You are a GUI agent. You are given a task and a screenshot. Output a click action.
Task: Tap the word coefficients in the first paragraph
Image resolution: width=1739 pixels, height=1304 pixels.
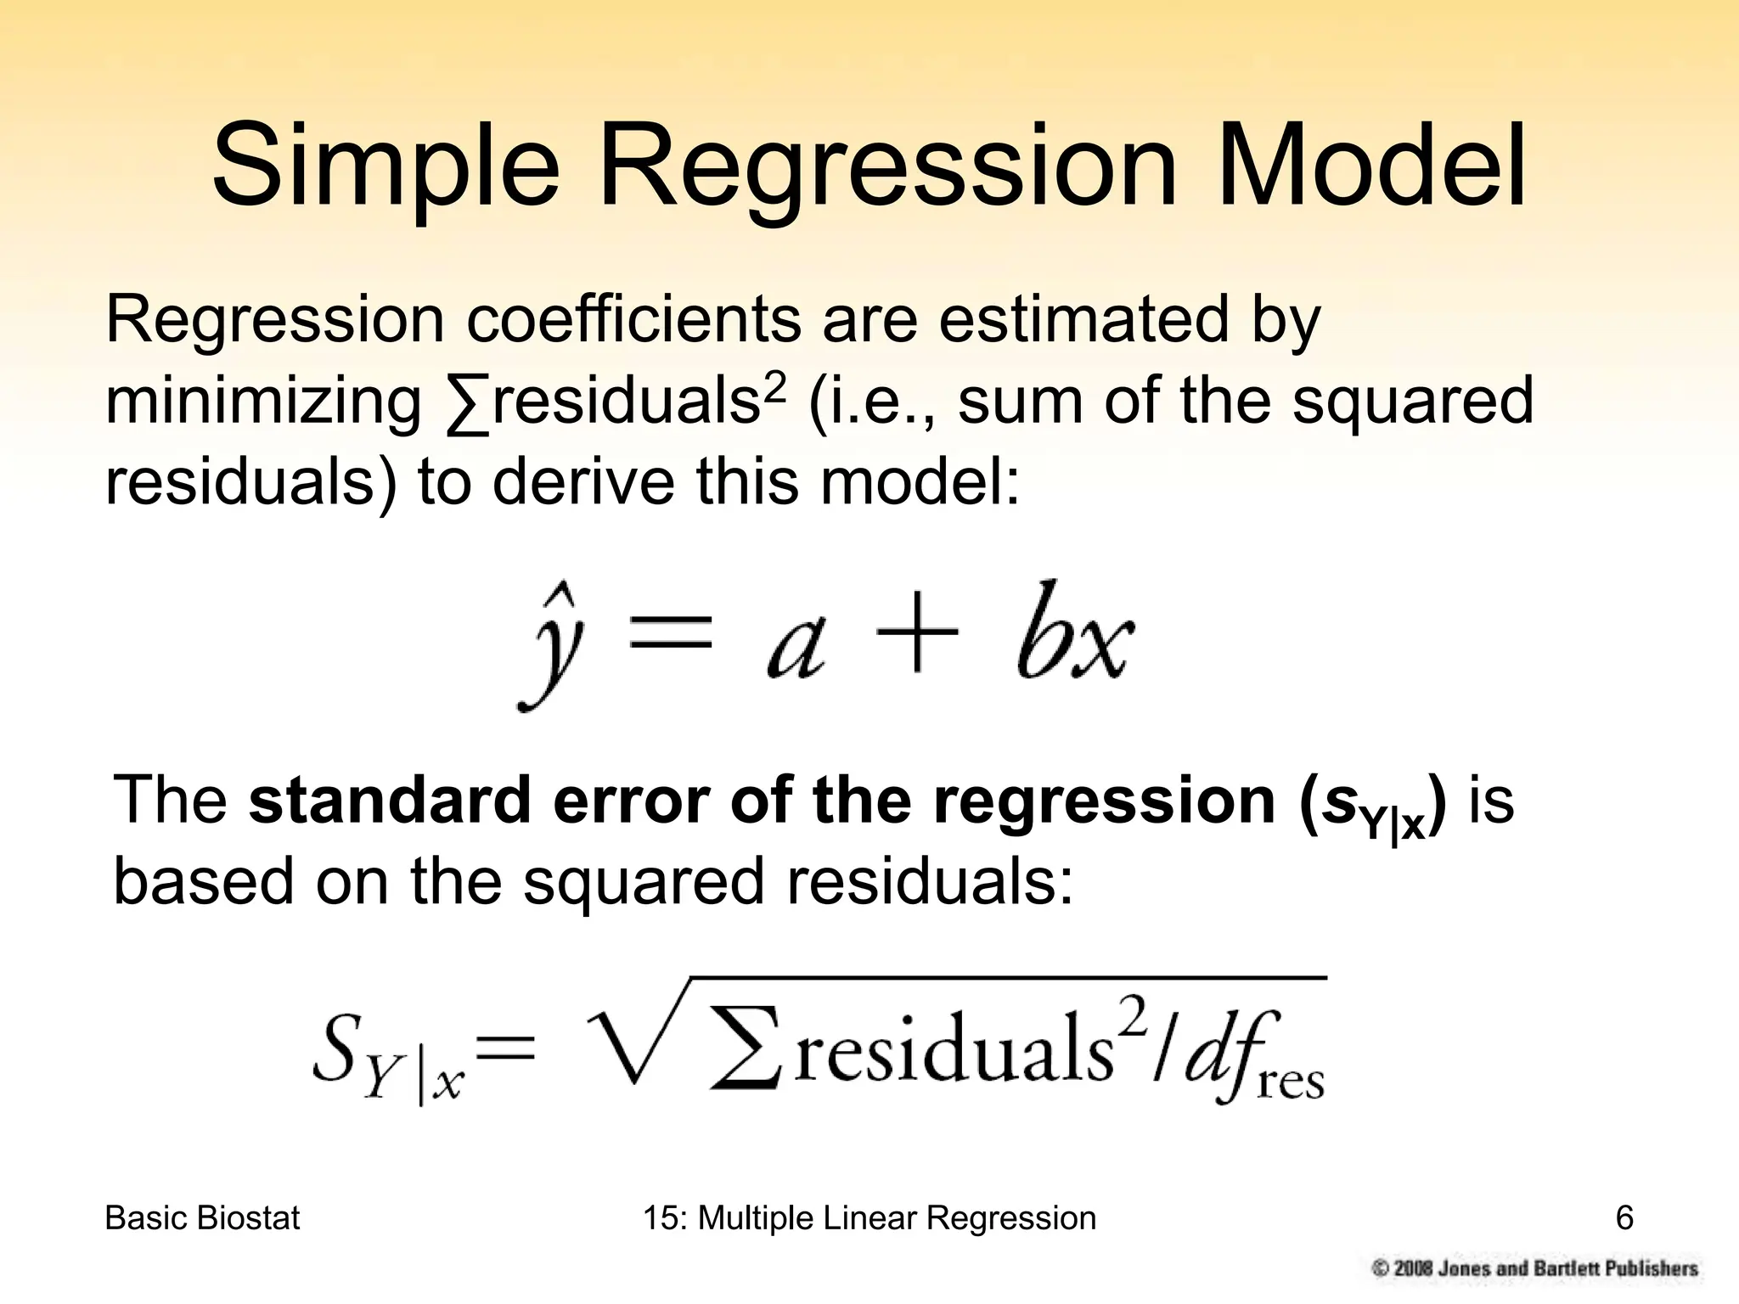point(633,320)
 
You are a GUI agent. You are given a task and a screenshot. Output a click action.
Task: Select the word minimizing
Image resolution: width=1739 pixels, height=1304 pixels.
point(262,402)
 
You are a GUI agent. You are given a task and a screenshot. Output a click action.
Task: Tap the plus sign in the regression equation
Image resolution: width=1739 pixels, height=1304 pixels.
point(917,632)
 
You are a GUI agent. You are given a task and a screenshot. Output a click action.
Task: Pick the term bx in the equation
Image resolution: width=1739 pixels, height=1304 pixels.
point(1074,632)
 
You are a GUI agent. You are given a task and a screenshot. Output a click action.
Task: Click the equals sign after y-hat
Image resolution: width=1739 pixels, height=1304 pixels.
point(669,633)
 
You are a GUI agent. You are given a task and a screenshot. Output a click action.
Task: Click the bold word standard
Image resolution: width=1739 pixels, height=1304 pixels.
point(390,800)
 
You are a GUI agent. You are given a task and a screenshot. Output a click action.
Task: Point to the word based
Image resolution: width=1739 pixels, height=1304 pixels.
point(204,881)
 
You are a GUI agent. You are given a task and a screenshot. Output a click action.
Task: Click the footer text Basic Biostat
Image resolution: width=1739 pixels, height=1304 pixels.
point(202,1218)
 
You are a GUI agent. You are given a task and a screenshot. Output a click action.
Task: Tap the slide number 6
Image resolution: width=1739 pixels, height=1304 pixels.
point(1624,1218)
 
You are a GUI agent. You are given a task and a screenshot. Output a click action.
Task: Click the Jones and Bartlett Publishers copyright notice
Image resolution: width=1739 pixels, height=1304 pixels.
point(1534,1268)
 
